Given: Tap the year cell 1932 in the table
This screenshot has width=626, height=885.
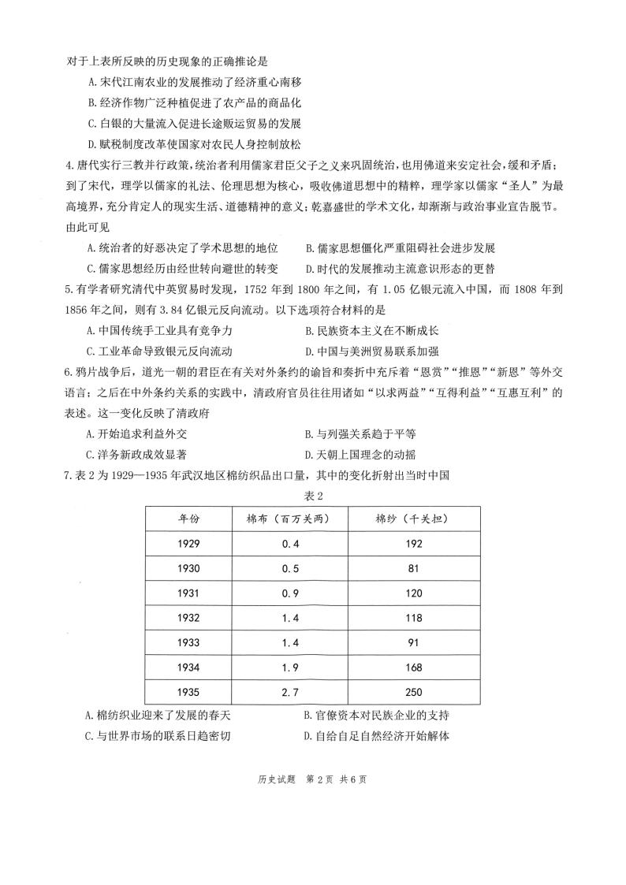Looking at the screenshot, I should point(188,618).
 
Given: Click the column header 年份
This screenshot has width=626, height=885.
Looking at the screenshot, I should point(188,518).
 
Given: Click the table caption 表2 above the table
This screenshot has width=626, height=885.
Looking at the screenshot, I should point(313,496).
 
